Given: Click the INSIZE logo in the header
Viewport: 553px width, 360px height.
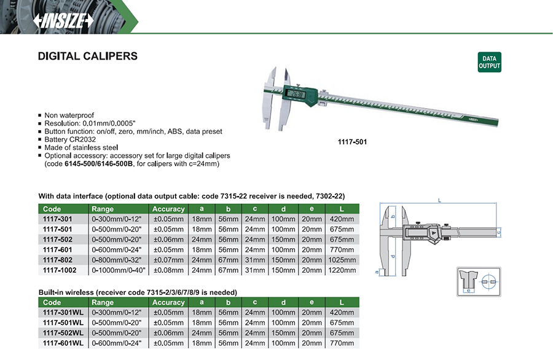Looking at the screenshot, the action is (x=63, y=21).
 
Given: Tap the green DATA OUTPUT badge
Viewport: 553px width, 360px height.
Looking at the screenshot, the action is (x=489, y=62).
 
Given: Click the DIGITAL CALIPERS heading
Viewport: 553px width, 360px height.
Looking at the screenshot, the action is (x=88, y=56).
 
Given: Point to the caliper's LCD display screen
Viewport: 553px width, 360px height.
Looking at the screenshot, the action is (x=296, y=94).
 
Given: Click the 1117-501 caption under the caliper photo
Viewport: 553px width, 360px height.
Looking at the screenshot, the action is (x=352, y=142).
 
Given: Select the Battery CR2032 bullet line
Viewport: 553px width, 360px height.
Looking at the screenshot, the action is (x=70, y=139).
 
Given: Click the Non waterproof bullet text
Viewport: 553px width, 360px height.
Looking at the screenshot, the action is (x=69, y=115).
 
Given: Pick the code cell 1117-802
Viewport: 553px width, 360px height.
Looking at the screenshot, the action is (x=58, y=260).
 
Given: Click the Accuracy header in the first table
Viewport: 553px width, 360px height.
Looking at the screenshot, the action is (x=168, y=209).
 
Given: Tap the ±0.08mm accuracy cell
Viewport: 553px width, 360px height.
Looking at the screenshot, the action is (x=168, y=270).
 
